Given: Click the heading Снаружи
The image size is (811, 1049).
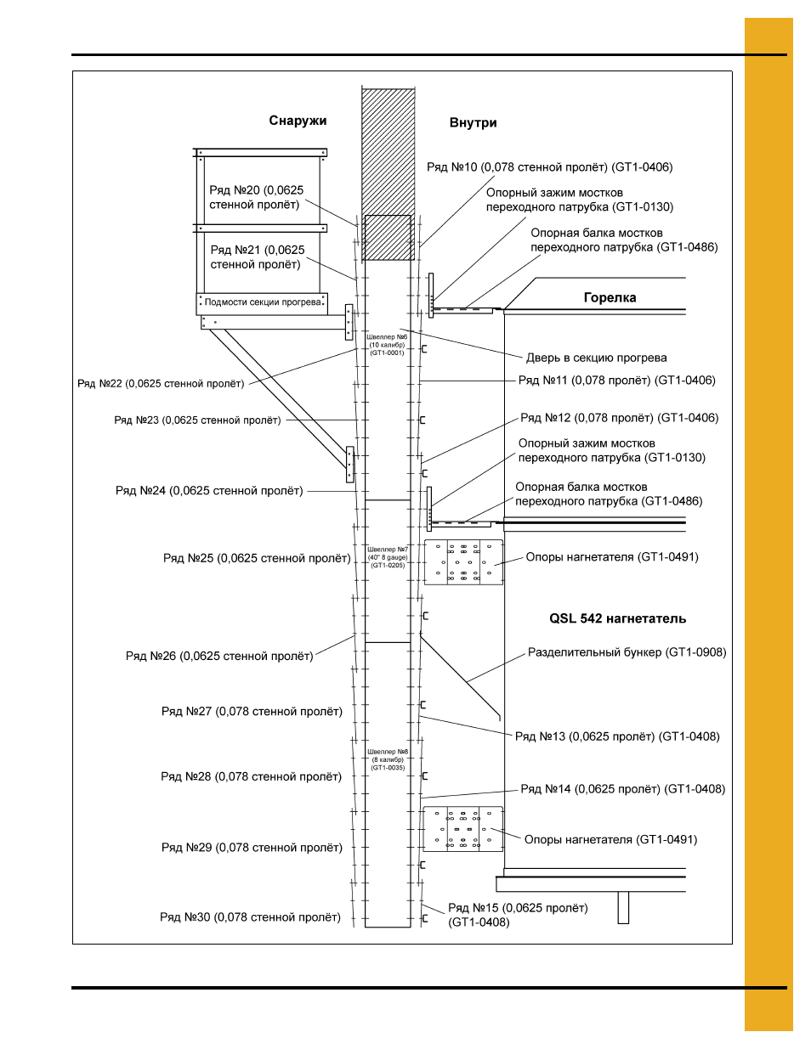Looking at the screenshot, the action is [x=298, y=121].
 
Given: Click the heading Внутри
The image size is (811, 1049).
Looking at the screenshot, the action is [x=473, y=122].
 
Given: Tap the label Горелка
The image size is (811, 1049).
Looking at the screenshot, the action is [x=610, y=297].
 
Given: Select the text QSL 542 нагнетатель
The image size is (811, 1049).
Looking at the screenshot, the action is [x=617, y=618].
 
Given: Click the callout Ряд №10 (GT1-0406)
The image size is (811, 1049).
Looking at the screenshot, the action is [x=550, y=167].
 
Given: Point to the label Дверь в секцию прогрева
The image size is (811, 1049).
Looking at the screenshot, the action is [x=596, y=358].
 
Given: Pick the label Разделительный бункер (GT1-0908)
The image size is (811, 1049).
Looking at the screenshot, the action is [x=627, y=652].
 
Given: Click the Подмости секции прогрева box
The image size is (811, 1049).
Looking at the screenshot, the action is [x=262, y=303].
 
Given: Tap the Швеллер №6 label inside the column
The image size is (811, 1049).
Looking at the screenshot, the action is [x=387, y=345].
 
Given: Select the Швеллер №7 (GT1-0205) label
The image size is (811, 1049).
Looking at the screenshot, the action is [x=388, y=557].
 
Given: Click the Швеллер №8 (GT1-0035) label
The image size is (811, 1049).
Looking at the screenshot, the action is [x=388, y=759].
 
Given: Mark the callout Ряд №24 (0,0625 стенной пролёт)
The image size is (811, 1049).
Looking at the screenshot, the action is [x=209, y=490].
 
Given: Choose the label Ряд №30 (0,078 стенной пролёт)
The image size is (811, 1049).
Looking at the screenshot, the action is [x=250, y=916].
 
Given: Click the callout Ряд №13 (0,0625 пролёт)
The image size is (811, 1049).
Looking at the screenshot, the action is [x=617, y=736].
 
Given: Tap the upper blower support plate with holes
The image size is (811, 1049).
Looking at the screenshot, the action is [x=463, y=562].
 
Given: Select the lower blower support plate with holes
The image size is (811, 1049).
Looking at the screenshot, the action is [x=462, y=829].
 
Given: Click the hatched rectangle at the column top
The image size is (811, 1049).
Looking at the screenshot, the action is [x=388, y=174].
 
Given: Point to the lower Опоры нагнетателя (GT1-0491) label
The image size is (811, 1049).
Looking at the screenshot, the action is [x=610, y=839].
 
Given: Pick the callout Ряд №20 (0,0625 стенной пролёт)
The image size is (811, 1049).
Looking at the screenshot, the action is [x=256, y=197].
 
